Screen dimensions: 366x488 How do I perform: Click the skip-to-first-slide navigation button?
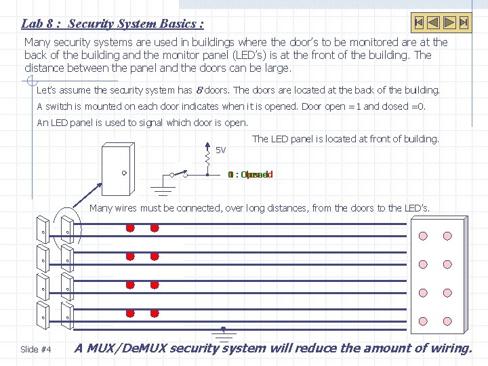click(x=420, y=22)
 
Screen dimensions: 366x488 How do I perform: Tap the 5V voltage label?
click(x=220, y=150)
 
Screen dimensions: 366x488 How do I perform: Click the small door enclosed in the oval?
click(x=67, y=231)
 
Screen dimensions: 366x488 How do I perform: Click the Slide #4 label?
click(x=36, y=349)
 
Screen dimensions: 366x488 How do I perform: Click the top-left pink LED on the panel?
click(x=424, y=237)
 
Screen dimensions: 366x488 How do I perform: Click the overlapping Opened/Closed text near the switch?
click(x=251, y=174)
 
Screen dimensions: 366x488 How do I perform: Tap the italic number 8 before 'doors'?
click(x=198, y=90)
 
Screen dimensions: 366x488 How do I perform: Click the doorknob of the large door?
click(x=124, y=173)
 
